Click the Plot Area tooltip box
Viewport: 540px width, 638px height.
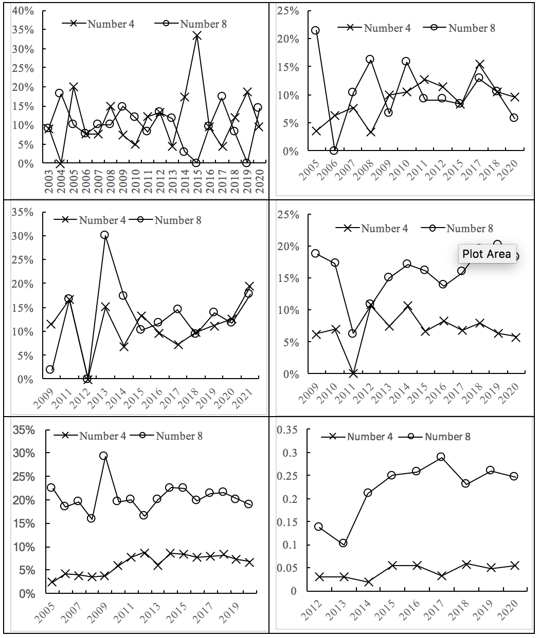coord(487,254)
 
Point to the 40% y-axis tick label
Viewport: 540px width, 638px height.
coord(23,11)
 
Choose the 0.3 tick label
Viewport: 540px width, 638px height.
coord(290,453)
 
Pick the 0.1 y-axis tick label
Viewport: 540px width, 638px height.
coord(290,545)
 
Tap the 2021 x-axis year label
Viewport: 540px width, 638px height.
coord(244,398)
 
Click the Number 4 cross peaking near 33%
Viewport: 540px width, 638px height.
coord(197,36)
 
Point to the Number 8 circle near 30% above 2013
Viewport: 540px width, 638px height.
coord(104,235)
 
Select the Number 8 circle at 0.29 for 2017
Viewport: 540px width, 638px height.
coord(441,457)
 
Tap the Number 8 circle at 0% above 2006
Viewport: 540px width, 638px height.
coord(334,151)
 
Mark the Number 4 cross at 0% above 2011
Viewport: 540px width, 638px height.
coord(353,373)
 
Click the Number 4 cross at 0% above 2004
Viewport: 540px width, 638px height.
coord(60,163)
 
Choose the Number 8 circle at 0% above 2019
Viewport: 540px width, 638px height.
coord(246,163)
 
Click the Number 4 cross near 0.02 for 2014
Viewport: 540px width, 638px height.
coord(368,582)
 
